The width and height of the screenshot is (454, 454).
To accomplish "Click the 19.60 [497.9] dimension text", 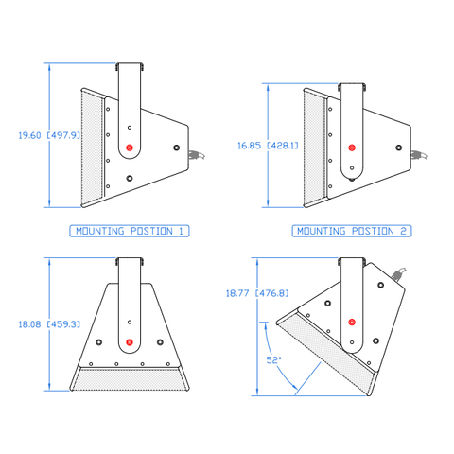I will (x=49, y=135).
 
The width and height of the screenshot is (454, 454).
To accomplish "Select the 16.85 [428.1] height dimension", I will (x=268, y=146).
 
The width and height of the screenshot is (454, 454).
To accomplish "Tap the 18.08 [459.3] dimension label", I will (x=49, y=323).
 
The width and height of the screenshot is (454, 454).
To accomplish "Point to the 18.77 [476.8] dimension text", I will (x=252, y=293).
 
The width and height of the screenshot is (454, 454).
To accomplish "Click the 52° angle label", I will (x=273, y=359).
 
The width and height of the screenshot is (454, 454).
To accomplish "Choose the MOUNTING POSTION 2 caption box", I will (x=352, y=230).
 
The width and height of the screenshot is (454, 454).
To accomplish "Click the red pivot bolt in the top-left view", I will (x=130, y=146).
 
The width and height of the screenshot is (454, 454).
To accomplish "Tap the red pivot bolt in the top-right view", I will (x=352, y=148).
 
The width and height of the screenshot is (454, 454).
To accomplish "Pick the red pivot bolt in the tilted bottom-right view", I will (x=352, y=321).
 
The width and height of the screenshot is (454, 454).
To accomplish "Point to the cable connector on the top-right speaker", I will (x=418, y=157).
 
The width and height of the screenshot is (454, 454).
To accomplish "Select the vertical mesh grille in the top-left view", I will (x=92, y=147).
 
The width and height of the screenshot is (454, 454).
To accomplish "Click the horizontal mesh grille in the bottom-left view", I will (x=131, y=380).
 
